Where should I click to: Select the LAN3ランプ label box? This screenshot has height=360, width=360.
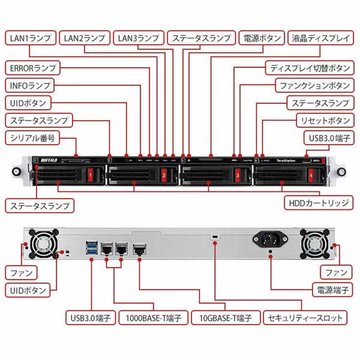click(x=138, y=38)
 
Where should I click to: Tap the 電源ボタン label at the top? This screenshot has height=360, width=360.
click(x=261, y=38)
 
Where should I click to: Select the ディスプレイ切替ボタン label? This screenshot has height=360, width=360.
click(x=309, y=67)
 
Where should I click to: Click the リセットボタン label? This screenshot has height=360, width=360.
click(x=324, y=120)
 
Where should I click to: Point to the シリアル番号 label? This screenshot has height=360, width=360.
click(x=32, y=138)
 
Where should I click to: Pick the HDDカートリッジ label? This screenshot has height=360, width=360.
click(x=319, y=203)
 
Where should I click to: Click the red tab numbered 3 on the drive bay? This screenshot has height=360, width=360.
click(x=238, y=176)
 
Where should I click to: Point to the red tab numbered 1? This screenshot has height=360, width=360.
click(x=90, y=176)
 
